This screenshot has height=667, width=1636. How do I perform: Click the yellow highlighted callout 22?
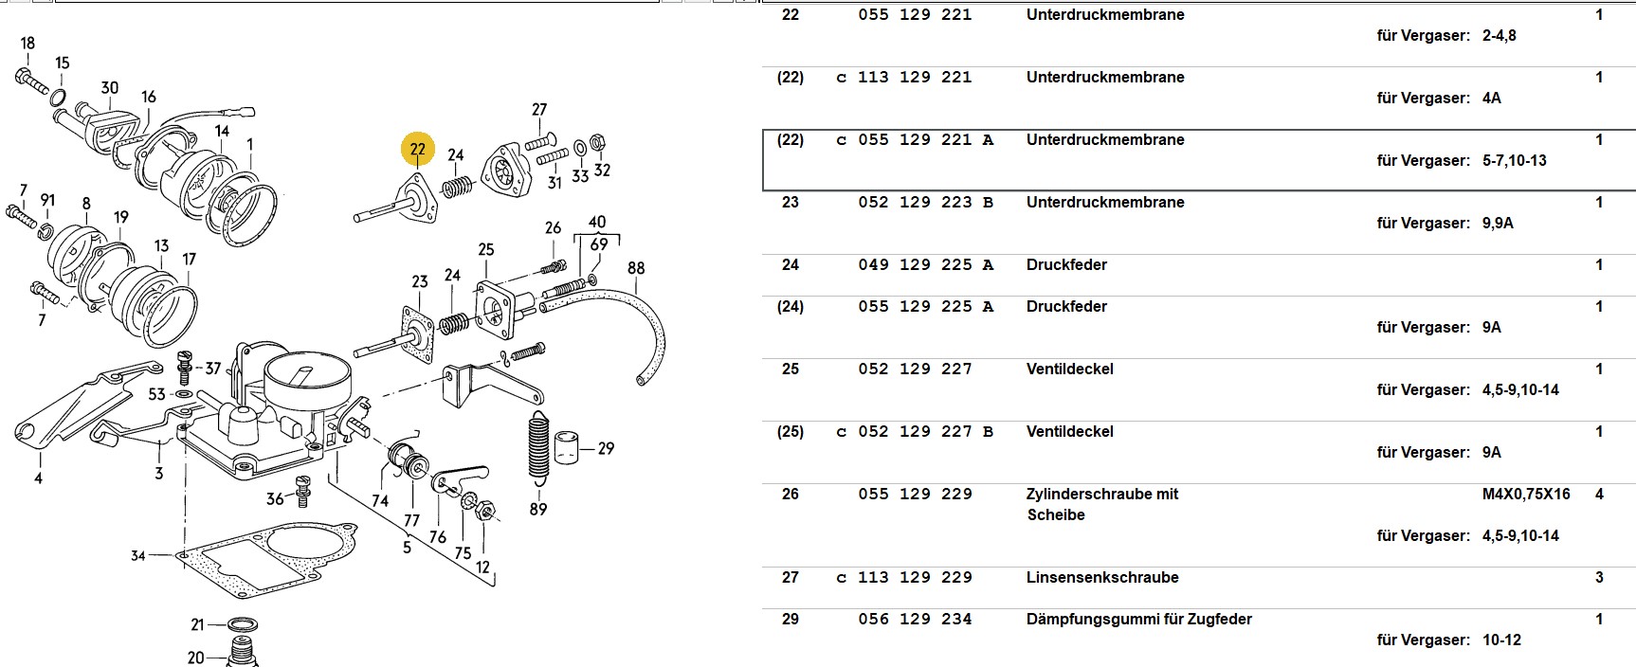[418, 149]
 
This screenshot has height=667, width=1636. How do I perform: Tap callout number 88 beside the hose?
[636, 268]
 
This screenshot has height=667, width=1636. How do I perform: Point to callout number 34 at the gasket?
[138, 555]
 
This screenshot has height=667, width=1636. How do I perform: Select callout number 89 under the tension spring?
[538, 509]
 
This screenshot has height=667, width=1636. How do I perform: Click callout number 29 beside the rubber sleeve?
[606, 448]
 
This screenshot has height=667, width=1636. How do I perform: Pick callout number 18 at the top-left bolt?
[27, 44]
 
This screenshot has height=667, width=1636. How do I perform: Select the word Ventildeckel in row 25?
[1069, 369]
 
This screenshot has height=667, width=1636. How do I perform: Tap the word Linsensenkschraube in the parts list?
[1101, 577]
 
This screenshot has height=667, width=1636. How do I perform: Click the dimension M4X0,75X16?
[1526, 494]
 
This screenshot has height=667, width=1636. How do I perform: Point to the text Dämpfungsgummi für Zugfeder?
[1138, 619]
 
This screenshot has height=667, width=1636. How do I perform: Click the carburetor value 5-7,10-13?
[1514, 160]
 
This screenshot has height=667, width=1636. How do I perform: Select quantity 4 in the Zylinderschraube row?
[1599, 494]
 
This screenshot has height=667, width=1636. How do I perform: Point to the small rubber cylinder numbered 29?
[567, 448]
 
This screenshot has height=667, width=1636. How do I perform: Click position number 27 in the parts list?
[790, 577]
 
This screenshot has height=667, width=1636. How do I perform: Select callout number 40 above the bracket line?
[597, 223]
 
